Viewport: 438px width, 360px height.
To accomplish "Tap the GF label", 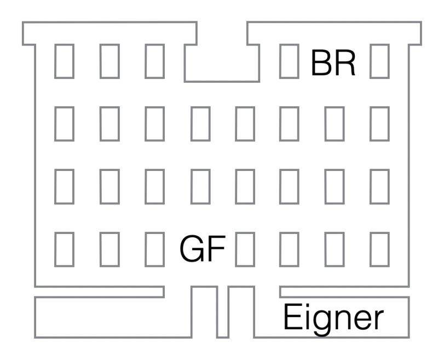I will [203, 248].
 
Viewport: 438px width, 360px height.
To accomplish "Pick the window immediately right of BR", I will [379, 60].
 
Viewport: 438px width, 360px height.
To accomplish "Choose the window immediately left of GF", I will [155, 248].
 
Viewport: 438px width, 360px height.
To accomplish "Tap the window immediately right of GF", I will [245, 248].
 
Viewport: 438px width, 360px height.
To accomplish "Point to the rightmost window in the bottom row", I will [379, 248].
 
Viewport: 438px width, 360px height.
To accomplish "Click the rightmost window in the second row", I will [379, 123].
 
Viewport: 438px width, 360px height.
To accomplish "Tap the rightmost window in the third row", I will [379, 185].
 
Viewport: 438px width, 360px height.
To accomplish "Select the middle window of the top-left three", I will [110, 60].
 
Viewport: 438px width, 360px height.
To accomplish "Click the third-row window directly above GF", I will [200, 185].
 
